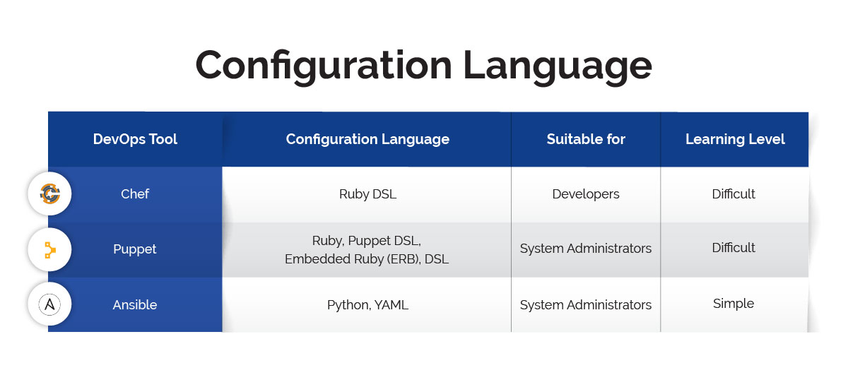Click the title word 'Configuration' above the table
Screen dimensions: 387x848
pyautogui.click(x=323, y=66)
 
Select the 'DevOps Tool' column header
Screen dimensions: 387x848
pyautogui.click(x=135, y=139)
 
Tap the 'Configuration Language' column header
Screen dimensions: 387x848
pyautogui.click(x=367, y=139)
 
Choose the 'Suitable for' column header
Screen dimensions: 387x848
pyautogui.click(x=586, y=139)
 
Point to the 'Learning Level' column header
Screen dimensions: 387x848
pyautogui.click(x=735, y=139)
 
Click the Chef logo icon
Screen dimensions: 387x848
pyautogui.click(x=49, y=194)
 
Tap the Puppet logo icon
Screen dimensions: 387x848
pyautogui.click(x=49, y=249)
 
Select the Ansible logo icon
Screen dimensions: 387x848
pyautogui.click(x=49, y=304)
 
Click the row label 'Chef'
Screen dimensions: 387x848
pyautogui.click(x=135, y=194)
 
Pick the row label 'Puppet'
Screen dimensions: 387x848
pyautogui.click(x=135, y=249)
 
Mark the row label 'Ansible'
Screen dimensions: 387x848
pyautogui.click(x=135, y=305)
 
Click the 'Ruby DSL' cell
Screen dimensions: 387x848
pyautogui.click(x=367, y=194)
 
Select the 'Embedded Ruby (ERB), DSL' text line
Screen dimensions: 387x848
pyautogui.click(x=367, y=259)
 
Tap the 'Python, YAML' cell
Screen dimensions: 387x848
pyautogui.click(x=367, y=305)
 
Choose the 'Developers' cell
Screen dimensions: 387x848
pyautogui.click(x=586, y=194)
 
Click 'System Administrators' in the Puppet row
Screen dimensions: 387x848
pyautogui.click(x=586, y=249)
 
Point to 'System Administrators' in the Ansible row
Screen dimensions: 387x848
pyautogui.click(x=586, y=305)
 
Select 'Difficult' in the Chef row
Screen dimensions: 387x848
pyautogui.click(x=734, y=194)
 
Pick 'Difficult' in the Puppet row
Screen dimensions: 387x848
pyautogui.click(x=734, y=248)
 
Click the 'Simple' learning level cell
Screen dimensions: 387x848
pyautogui.click(x=734, y=304)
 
